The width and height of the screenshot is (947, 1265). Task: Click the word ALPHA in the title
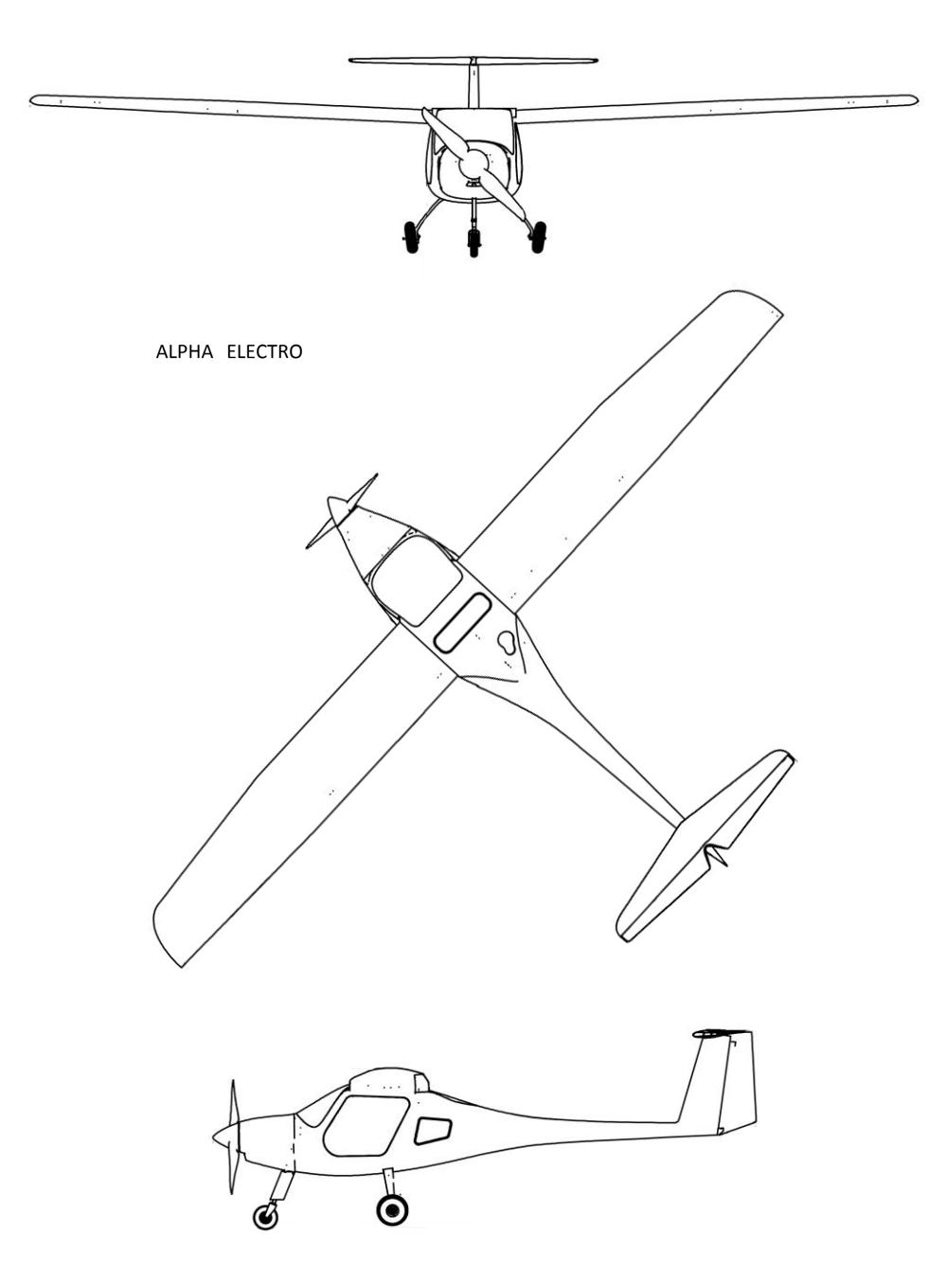pyautogui.click(x=185, y=351)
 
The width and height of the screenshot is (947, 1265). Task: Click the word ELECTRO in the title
pyautogui.click(x=264, y=351)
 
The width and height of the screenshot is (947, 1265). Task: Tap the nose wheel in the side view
pyautogui.click(x=266, y=1216)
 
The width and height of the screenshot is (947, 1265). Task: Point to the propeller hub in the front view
pyautogui.click(x=474, y=163)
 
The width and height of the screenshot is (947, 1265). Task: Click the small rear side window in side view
pyautogui.click(x=433, y=1131)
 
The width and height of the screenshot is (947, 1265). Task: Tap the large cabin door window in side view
pyautogui.click(x=366, y=1126)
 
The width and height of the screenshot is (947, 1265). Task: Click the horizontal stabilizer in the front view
pyautogui.click(x=473, y=60)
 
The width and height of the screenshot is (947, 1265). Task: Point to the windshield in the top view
pyautogui.click(x=416, y=580)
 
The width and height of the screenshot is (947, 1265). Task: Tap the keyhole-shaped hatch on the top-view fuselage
pyautogui.click(x=508, y=642)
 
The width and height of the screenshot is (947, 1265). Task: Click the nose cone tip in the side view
pyautogui.click(x=214, y=1137)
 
